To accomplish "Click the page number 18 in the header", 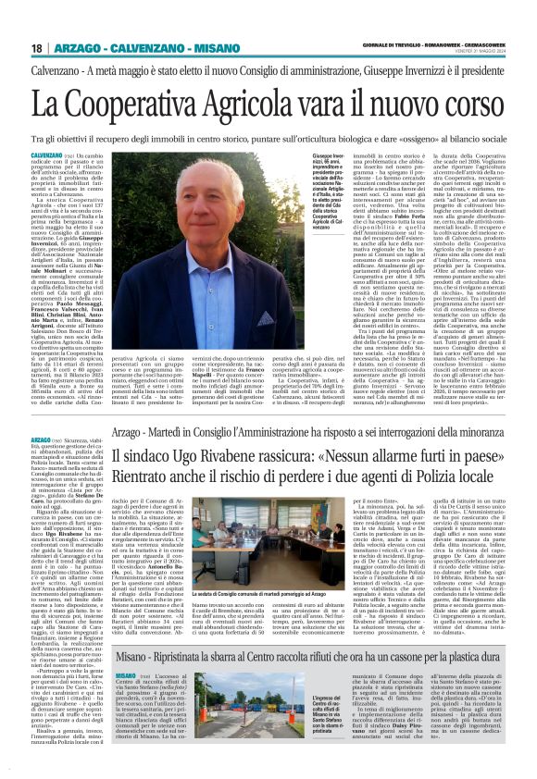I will coord(36,48).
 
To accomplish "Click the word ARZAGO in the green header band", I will coord(78,48).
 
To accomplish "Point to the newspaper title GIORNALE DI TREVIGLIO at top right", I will coord(390,45).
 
